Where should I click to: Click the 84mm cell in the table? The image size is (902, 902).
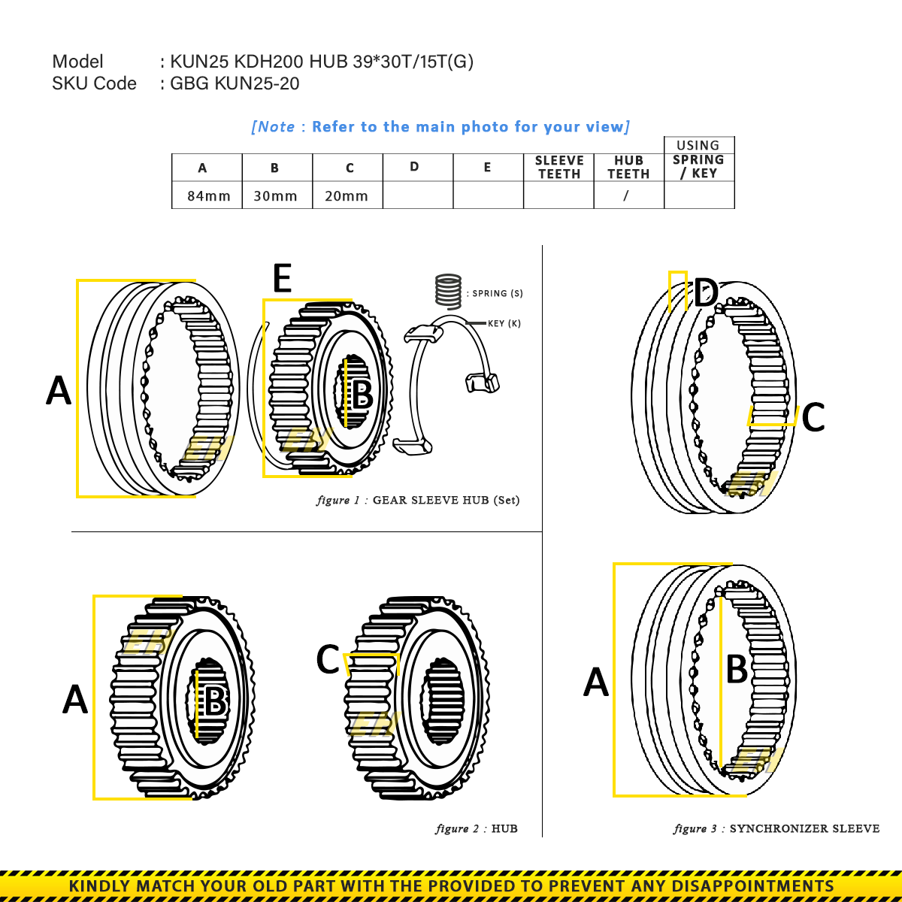(x=208, y=196)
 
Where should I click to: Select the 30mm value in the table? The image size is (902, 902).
(x=275, y=196)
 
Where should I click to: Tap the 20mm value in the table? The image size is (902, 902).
(x=346, y=196)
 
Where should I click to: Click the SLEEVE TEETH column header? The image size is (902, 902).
(x=558, y=167)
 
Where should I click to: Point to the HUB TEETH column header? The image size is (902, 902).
(x=628, y=167)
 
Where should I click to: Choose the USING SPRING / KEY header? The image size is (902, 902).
(x=698, y=159)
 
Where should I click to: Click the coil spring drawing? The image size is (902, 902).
(x=449, y=291)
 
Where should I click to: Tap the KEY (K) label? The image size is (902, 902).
(x=504, y=324)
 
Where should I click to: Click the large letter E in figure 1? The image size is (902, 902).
(x=282, y=279)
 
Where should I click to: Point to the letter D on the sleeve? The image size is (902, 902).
(x=706, y=293)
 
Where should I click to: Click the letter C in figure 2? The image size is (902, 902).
(x=328, y=660)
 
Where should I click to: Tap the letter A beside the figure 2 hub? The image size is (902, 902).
(x=75, y=699)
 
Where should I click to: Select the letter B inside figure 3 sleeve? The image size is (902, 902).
(x=737, y=669)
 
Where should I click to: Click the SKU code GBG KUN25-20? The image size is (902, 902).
(x=235, y=83)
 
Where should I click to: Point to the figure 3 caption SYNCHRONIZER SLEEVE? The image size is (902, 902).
(x=804, y=829)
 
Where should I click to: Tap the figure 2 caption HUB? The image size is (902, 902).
(x=504, y=829)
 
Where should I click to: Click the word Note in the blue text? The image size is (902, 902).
(x=276, y=127)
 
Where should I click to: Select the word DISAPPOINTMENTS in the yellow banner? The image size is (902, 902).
(x=752, y=886)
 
